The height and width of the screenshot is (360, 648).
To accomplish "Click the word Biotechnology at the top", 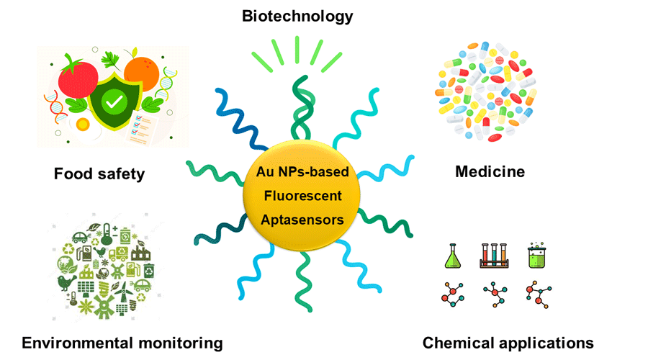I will (298, 15).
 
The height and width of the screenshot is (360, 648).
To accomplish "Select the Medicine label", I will (490, 171).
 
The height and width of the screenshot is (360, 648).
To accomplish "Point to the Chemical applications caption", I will (508, 342).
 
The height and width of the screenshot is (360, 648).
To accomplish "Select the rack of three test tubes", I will (495, 256).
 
